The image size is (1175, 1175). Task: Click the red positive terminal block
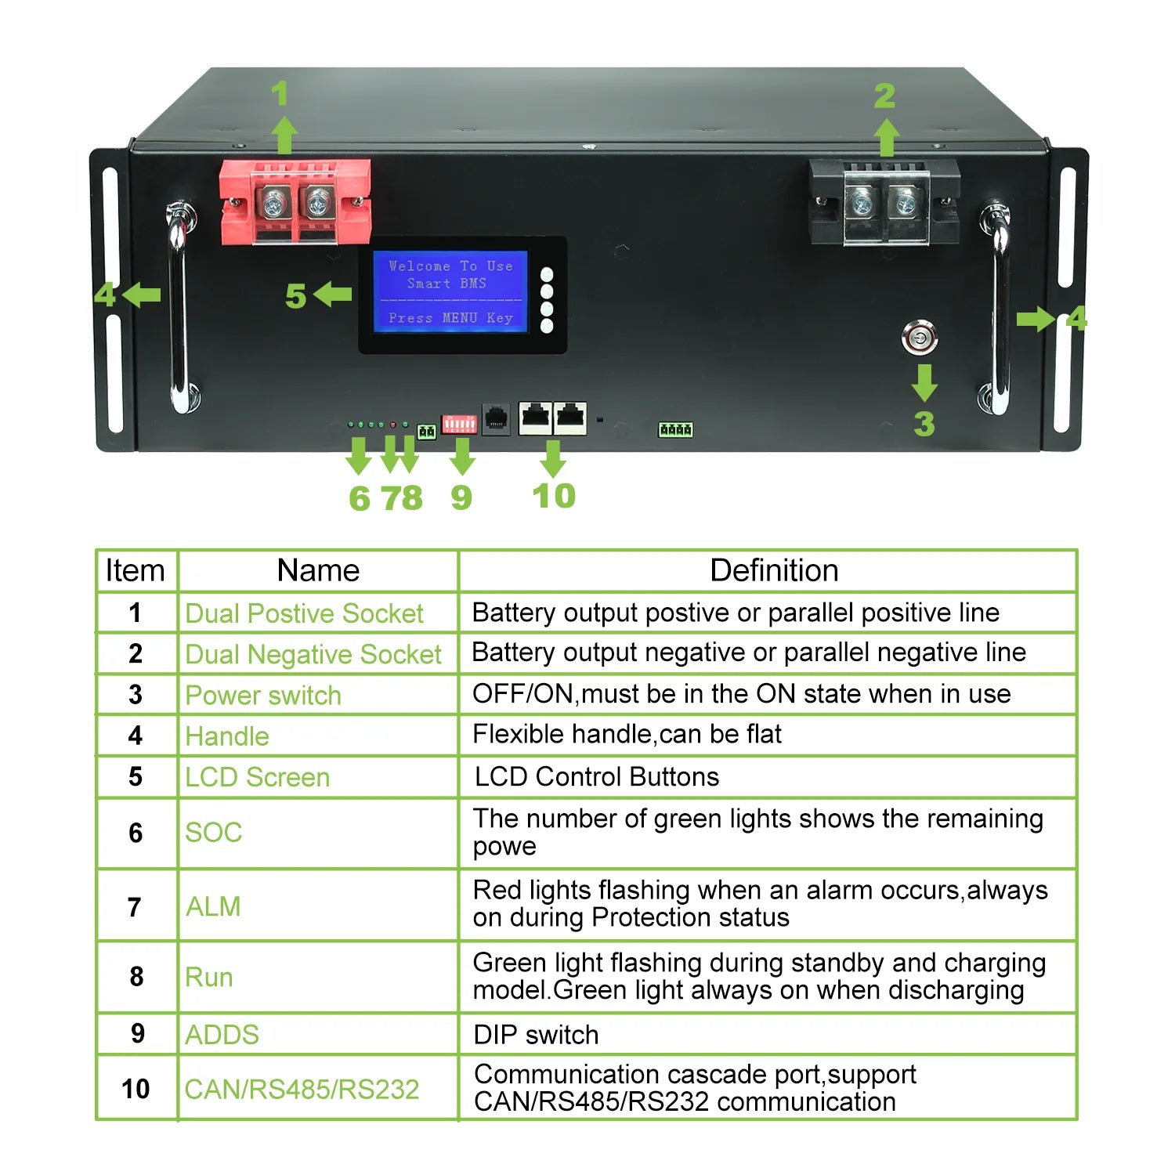click(295, 202)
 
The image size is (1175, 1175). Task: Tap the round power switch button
click(919, 338)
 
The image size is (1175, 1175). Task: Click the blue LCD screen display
click(450, 292)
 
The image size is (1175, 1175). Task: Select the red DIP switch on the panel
click(459, 424)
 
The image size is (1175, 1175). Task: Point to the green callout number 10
click(554, 496)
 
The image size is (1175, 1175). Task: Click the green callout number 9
click(461, 497)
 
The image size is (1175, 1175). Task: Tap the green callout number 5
click(295, 296)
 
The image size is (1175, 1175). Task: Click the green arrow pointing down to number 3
click(924, 382)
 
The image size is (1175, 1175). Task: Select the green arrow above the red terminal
click(284, 136)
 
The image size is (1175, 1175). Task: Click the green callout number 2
click(884, 96)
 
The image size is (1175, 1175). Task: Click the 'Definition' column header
click(773, 570)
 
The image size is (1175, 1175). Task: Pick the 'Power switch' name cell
click(263, 695)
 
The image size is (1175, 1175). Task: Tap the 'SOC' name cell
click(214, 832)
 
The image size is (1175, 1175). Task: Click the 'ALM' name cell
click(213, 906)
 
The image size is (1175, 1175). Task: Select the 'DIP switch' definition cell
click(537, 1034)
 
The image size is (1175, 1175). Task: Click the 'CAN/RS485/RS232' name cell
click(302, 1089)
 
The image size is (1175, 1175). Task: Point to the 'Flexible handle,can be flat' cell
click(627, 734)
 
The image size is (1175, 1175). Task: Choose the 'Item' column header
click(136, 570)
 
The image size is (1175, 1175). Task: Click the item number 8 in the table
click(136, 976)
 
